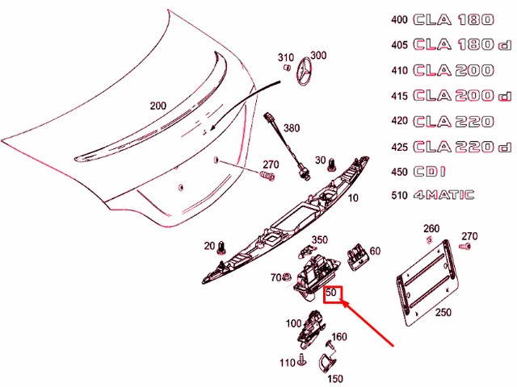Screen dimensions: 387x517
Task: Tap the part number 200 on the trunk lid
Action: (158, 106)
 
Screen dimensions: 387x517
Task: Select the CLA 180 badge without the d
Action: (452, 19)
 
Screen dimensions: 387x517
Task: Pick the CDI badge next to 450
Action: (432, 172)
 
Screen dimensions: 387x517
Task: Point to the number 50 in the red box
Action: (330, 294)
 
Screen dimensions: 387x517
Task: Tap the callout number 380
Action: (291, 128)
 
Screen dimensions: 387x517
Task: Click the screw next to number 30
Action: (332, 164)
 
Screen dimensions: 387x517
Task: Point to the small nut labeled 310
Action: (286, 69)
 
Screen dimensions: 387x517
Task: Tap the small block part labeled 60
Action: (355, 257)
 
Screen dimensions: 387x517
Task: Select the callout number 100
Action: (293, 324)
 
